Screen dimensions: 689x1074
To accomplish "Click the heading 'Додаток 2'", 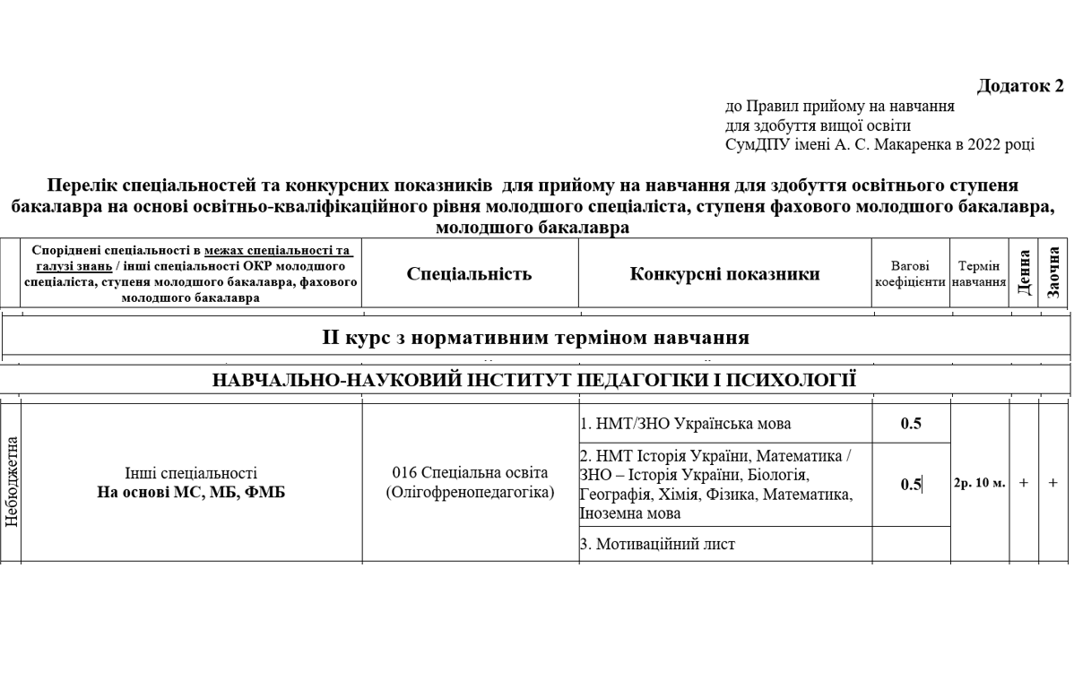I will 1020,86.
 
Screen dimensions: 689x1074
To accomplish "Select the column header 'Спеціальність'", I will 469,274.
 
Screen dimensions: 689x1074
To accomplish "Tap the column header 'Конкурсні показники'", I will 724,274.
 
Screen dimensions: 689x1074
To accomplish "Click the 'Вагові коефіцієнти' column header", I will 910,274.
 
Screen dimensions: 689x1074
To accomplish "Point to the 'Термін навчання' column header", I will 978,274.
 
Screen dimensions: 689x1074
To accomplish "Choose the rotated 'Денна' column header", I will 1024,272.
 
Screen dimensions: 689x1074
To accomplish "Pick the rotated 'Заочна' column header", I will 1053,272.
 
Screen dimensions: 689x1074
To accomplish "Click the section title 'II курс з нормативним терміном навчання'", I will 535,338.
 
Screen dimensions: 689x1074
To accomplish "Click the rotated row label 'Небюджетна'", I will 11,482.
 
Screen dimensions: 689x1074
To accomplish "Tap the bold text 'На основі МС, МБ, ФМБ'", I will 191,492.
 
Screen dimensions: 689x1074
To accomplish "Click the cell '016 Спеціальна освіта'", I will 470,472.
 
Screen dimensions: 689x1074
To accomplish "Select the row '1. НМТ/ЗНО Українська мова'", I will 685,424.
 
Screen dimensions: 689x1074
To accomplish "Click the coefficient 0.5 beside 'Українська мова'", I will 910,424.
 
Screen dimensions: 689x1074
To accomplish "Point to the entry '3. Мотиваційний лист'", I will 657,544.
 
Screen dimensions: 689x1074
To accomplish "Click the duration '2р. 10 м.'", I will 979,483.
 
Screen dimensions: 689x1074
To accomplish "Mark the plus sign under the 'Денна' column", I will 1024,483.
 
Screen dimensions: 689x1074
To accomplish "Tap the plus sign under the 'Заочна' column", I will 1052,483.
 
